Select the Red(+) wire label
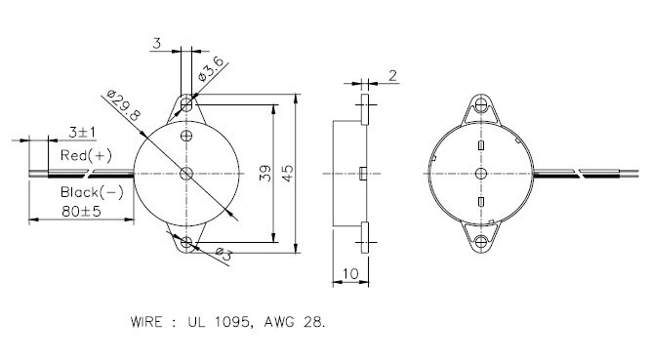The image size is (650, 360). pyautogui.click(x=86, y=155)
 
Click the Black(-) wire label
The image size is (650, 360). pyautogui.click(x=92, y=191)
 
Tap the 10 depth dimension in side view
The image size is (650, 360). pyautogui.click(x=349, y=275)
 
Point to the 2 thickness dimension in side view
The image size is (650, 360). pyautogui.click(x=391, y=74)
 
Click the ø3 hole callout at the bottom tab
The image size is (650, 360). pyautogui.click(x=222, y=256)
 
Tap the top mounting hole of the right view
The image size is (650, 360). pyautogui.click(x=480, y=104)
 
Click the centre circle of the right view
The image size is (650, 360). pyautogui.click(x=480, y=173)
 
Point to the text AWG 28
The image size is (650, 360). pyautogui.click(x=294, y=320)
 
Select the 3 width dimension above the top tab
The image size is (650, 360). pyautogui.click(x=156, y=44)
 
